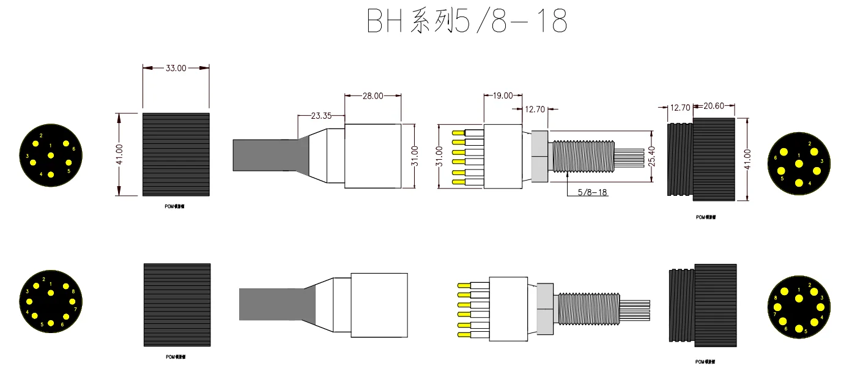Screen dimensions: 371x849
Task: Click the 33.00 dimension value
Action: [x=176, y=69]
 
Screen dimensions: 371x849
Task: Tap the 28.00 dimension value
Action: [x=373, y=96]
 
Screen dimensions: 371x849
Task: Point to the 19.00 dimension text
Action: [x=503, y=96]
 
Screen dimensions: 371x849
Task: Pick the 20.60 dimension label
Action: [x=714, y=107]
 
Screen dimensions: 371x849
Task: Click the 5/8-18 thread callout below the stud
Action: [x=593, y=192]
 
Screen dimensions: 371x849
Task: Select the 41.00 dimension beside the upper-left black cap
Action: [x=120, y=154]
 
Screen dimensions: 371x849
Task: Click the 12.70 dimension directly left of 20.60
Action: [x=680, y=107]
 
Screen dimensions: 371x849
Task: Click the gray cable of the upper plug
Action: [x=263, y=155]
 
